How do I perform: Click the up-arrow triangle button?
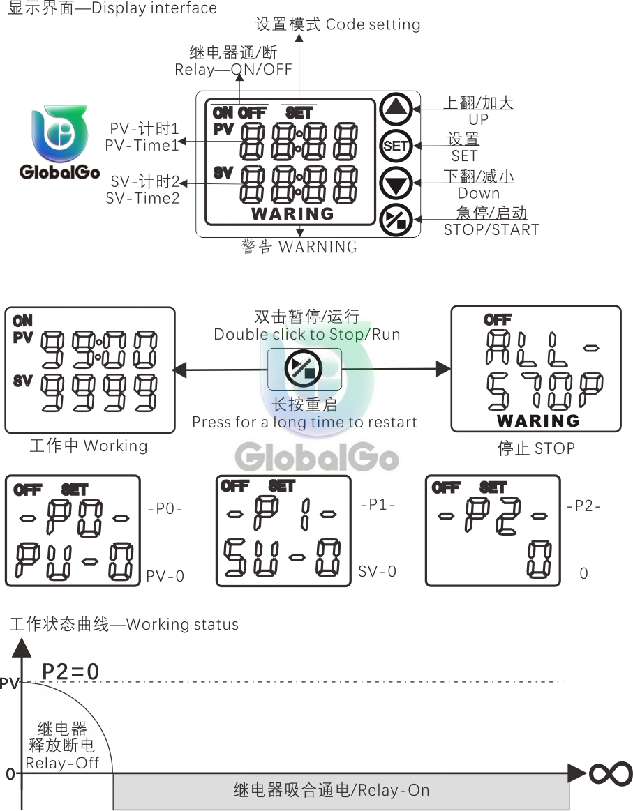396,109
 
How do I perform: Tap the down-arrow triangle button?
396,185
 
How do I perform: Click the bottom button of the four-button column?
396,221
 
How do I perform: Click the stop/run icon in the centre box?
304,369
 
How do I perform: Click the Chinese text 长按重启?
304,404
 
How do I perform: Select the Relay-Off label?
63,763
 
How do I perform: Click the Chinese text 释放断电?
63,745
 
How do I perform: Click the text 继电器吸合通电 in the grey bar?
291,790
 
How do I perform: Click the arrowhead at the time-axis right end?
576,773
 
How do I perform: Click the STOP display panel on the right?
539,367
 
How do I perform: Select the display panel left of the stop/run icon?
91,367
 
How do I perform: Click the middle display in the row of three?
281,531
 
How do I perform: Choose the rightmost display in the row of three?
494,528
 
